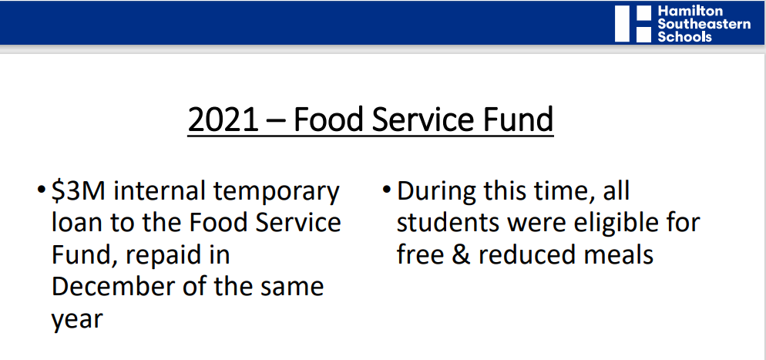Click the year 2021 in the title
point(223,119)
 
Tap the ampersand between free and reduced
point(459,255)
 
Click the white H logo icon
point(633,23)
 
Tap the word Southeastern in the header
point(704,24)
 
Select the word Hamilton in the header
point(683,12)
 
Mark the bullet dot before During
point(387,189)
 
